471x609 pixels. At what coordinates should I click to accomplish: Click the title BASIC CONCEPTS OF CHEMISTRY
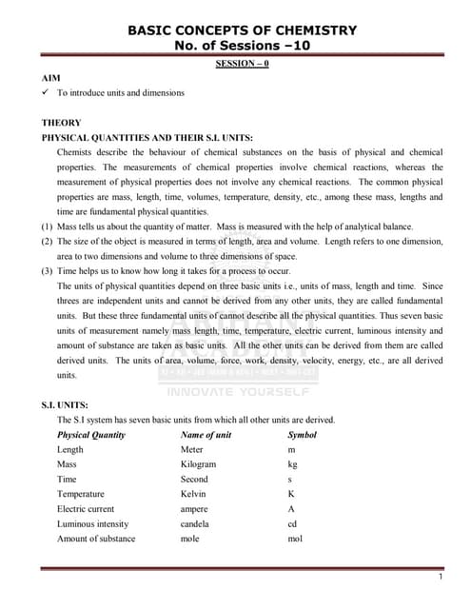pyautogui.click(x=242, y=30)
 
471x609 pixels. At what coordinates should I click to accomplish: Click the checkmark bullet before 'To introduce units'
pyautogui.click(x=46, y=93)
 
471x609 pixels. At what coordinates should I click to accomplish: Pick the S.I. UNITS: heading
pyautogui.click(x=68, y=404)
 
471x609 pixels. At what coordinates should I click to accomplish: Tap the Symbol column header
pyautogui.click(x=302, y=435)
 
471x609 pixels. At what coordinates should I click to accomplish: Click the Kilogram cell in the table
pyautogui.click(x=198, y=464)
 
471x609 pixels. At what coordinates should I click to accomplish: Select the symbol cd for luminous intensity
pyautogui.click(x=292, y=523)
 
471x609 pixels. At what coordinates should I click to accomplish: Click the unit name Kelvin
pyautogui.click(x=193, y=494)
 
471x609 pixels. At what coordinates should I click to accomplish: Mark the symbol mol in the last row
pyautogui.click(x=294, y=539)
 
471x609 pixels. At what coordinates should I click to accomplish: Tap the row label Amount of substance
pyautogui.click(x=96, y=539)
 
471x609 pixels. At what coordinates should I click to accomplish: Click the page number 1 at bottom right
pyautogui.click(x=440, y=578)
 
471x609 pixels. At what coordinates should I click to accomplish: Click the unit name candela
pyautogui.click(x=196, y=523)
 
